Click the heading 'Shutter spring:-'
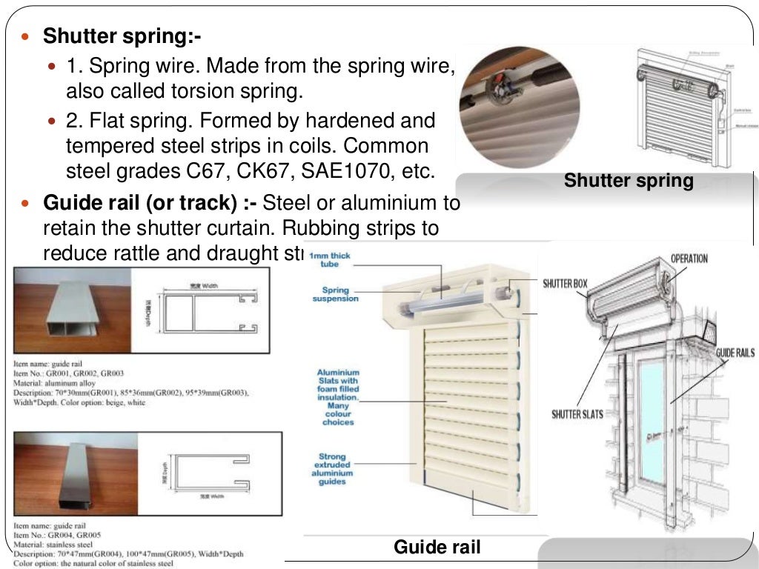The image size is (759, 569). [122, 36]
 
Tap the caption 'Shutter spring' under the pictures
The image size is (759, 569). [629, 180]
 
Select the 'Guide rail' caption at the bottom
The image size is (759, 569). [437, 548]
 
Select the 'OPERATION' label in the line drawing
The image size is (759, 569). [689, 259]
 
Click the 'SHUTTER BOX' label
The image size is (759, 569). [565, 284]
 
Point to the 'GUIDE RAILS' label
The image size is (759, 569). [735, 353]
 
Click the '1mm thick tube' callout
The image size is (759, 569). [330, 259]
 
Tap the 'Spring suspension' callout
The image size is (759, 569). [335, 294]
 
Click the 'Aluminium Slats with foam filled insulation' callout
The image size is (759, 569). [338, 397]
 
